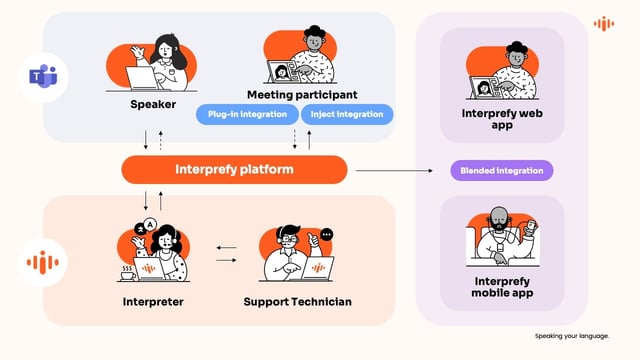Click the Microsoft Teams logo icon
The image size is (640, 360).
coord(42,76)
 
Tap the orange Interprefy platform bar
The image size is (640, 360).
coord(234,169)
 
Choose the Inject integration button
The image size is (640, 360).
coord(346,114)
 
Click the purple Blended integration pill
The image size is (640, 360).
coord(501,170)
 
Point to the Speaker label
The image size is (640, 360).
coord(153,103)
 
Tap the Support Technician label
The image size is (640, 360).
coord(298,301)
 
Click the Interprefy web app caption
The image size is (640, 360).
coord(502,120)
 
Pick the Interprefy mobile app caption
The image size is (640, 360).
coord(502,288)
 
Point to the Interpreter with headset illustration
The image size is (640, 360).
coord(154,251)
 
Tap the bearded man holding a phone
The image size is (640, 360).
coord(501,236)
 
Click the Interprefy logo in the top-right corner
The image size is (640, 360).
coord(603,23)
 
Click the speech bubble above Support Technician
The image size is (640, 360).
coord(327,234)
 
